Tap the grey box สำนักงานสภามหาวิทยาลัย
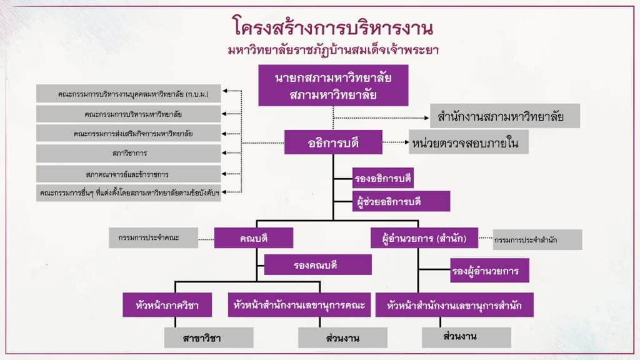click(x=505, y=116)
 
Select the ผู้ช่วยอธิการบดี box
click(x=400, y=201)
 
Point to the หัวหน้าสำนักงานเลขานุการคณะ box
click(x=299, y=305)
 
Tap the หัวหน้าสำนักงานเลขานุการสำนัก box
click(x=454, y=305)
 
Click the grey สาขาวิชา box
click(x=209, y=337)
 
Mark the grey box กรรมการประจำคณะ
click(x=153, y=238)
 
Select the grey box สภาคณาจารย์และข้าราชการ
click(x=128, y=174)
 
